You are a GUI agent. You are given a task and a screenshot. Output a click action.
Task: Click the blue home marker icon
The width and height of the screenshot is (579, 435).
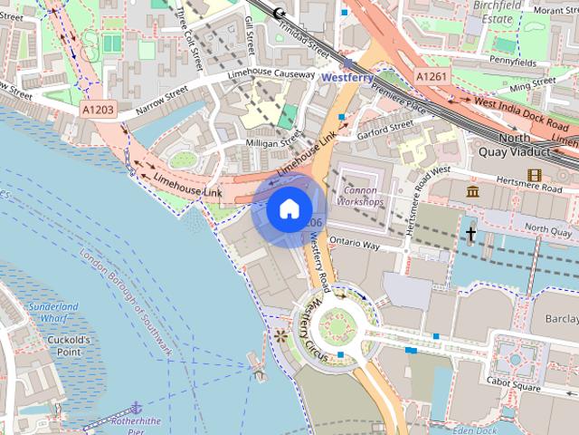(288, 209)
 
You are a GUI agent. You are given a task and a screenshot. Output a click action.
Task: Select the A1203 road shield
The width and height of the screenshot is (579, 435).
(99, 109)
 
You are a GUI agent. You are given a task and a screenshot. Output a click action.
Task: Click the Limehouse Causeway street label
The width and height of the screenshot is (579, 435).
(271, 75)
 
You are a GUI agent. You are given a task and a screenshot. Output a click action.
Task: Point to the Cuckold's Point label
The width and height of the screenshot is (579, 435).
(68, 345)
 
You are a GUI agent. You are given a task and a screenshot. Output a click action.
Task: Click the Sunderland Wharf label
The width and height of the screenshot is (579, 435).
(52, 313)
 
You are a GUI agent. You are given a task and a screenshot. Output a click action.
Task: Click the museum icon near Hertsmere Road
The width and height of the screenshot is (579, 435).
(472, 191)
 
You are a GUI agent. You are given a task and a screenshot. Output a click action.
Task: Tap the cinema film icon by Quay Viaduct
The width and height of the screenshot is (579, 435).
(535, 175)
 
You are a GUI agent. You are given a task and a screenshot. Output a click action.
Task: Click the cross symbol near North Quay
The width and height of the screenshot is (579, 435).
(470, 234)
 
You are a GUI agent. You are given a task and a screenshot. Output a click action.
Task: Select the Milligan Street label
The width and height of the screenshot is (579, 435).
(271, 143)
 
